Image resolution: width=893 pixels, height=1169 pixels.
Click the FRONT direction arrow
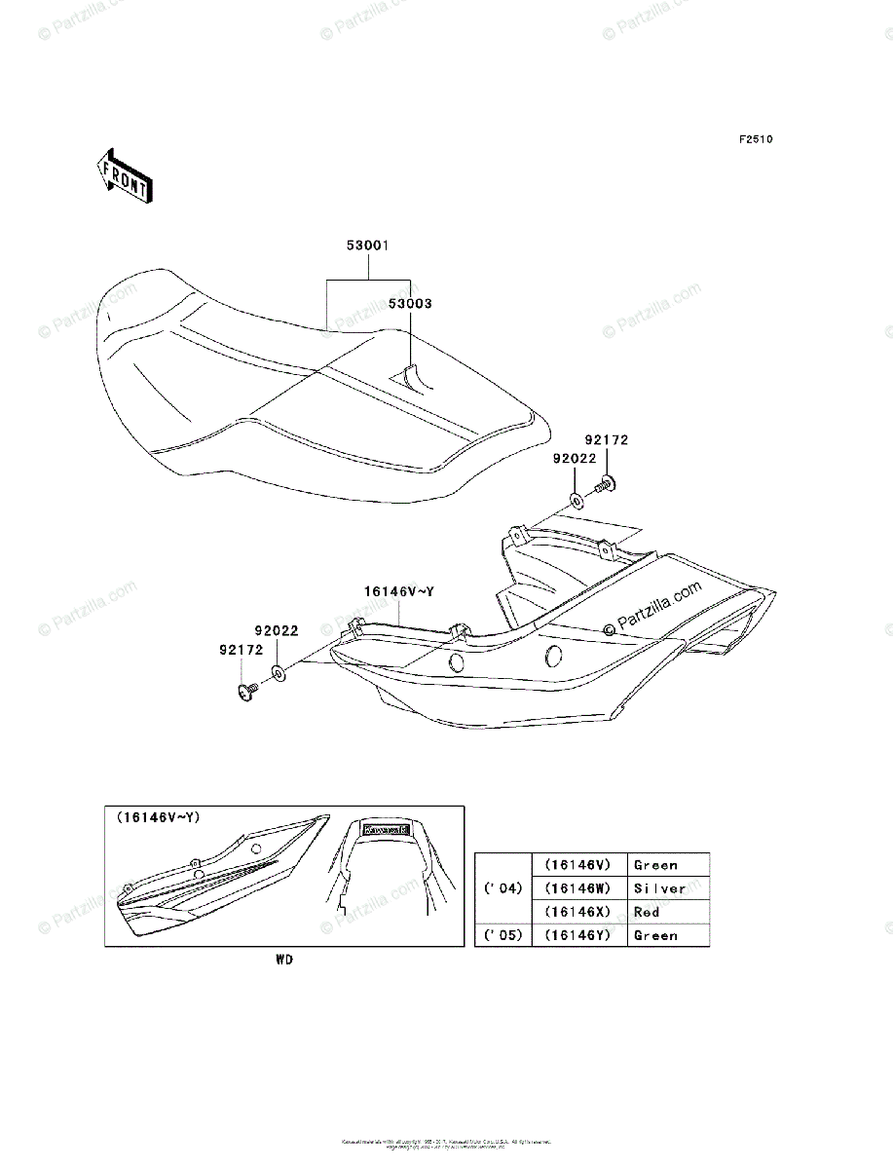[122, 174]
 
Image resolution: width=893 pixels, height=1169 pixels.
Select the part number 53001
[368, 246]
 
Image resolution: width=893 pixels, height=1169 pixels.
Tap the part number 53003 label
[411, 304]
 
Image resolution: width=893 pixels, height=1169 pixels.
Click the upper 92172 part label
[607, 440]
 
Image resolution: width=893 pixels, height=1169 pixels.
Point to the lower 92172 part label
[240, 649]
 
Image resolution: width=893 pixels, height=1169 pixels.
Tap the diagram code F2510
[755, 140]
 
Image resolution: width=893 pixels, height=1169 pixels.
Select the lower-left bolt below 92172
[245, 691]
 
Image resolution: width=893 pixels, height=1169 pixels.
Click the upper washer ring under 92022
[577, 501]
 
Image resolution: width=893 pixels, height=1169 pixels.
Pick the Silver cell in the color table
[659, 888]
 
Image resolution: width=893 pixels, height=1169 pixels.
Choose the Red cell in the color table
[647, 912]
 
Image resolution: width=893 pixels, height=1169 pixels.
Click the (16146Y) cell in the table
[577, 935]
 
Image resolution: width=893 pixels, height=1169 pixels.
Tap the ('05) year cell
[502, 935]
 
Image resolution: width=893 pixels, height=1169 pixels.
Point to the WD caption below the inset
[283, 961]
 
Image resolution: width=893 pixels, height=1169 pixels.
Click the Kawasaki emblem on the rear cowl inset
[386, 830]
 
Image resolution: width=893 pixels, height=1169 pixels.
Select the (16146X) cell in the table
[577, 912]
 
